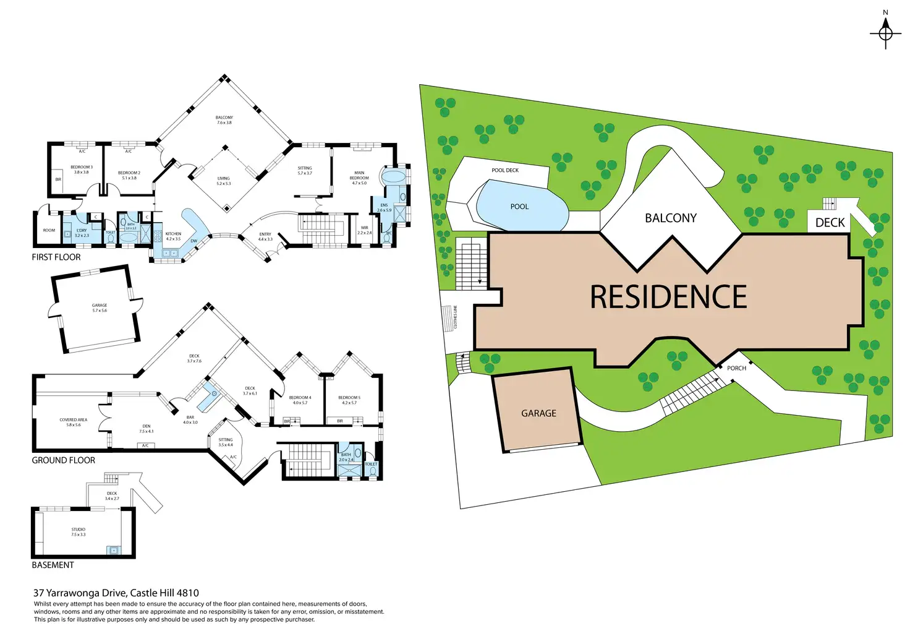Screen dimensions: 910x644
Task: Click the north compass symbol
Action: (x=885, y=33)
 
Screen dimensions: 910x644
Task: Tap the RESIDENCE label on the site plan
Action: (x=668, y=297)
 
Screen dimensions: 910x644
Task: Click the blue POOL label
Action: (x=519, y=207)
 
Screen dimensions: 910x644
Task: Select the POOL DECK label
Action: (x=505, y=170)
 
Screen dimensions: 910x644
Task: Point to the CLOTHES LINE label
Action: (x=455, y=317)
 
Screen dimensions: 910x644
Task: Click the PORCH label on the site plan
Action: (x=736, y=368)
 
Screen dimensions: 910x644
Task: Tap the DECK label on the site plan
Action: (x=830, y=223)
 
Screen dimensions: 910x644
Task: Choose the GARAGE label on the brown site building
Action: (x=538, y=413)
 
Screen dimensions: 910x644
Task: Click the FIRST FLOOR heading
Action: (x=56, y=257)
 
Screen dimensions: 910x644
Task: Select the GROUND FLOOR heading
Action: (x=64, y=460)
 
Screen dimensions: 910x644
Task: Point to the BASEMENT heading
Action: (x=53, y=565)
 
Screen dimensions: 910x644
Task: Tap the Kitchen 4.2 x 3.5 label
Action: (x=173, y=236)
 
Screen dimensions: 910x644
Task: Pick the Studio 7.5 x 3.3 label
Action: (x=79, y=532)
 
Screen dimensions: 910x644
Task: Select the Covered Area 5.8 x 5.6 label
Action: (x=73, y=423)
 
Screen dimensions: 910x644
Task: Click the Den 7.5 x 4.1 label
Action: (x=147, y=429)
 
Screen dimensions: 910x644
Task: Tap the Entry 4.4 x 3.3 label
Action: (x=265, y=237)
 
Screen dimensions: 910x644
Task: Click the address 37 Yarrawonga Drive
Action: (x=116, y=593)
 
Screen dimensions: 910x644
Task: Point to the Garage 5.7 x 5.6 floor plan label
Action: (x=100, y=307)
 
